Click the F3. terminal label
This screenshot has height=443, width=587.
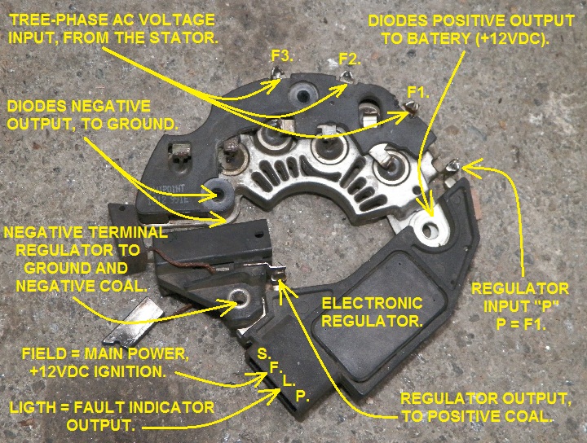pyautogui.click(x=281, y=55)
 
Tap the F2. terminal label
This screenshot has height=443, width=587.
pyautogui.click(x=349, y=59)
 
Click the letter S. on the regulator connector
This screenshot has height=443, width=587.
pyautogui.click(x=263, y=354)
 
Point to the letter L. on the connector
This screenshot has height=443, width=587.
pyautogui.click(x=288, y=381)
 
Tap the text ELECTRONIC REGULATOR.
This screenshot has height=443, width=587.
pyautogui.click(x=372, y=312)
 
